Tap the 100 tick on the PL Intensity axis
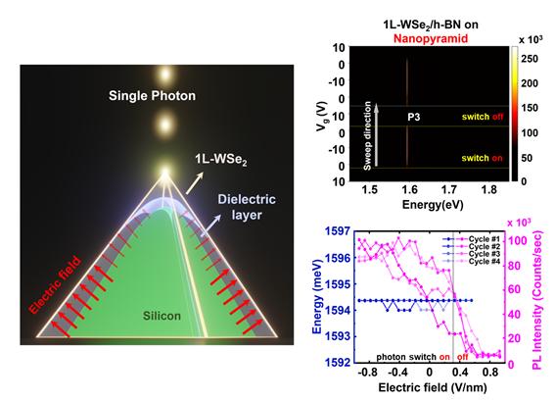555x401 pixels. click(x=516, y=240)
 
